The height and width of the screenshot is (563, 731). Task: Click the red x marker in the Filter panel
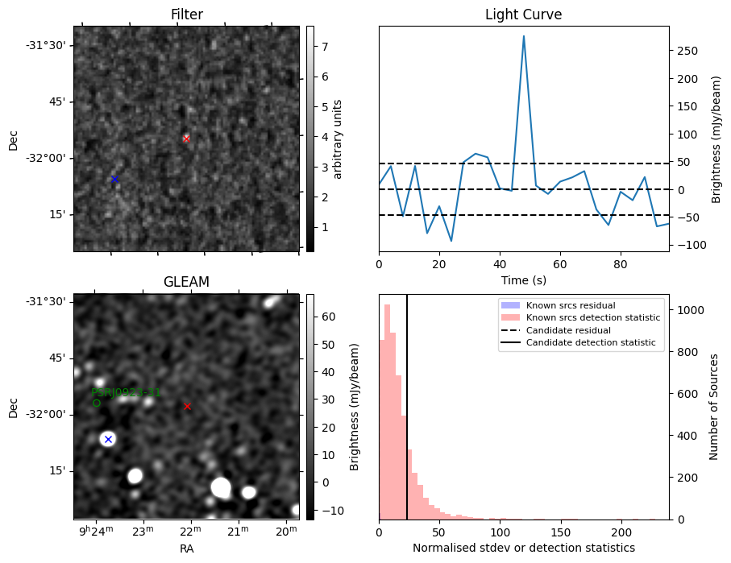tap(186, 139)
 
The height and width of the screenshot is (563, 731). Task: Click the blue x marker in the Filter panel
tap(114, 179)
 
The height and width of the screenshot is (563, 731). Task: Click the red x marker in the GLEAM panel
tap(188, 407)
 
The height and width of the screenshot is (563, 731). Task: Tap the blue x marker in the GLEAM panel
tap(108, 439)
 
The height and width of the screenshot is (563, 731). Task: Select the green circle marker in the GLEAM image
tap(97, 403)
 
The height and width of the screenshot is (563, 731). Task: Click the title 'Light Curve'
tap(523, 14)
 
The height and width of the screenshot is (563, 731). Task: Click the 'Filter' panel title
tap(187, 14)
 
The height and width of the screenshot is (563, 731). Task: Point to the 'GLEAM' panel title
tap(186, 282)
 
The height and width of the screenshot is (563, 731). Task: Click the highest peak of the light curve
tap(524, 36)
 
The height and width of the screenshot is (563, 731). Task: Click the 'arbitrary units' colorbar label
tap(338, 139)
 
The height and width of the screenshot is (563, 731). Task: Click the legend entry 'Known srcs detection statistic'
tap(592, 317)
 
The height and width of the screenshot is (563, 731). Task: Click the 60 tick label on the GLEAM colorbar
tap(328, 317)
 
